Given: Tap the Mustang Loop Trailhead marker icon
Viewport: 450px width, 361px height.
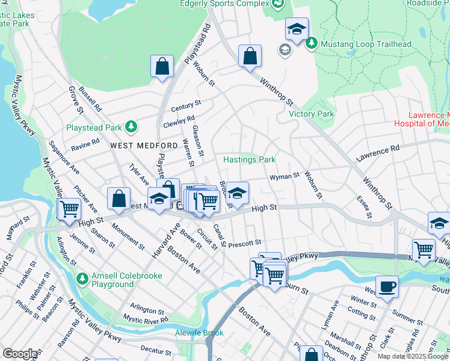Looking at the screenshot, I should (x=312, y=43).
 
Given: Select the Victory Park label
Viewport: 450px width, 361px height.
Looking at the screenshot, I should (x=311, y=114).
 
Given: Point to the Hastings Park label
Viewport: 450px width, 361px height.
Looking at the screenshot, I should (x=249, y=159).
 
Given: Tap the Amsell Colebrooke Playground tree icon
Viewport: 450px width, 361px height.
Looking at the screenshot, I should (x=83, y=279).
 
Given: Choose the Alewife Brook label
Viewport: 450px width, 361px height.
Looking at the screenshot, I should (x=191, y=333).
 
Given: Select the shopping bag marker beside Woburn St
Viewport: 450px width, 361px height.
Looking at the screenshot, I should (x=250, y=57).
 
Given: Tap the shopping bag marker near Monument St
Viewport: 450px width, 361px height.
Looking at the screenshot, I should (x=119, y=197).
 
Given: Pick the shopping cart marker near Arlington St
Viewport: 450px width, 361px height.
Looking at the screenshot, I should (x=69, y=209).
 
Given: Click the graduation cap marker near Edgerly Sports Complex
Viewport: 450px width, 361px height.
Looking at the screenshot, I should (x=296, y=29).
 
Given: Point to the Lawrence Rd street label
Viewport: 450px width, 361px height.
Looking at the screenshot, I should (x=378, y=153).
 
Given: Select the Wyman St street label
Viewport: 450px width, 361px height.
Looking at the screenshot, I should (x=285, y=176).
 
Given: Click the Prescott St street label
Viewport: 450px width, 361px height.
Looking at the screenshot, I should (x=245, y=243).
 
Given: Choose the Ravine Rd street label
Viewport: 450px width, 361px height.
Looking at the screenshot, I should (x=85, y=145).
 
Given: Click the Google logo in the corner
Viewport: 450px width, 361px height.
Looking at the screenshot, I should (x=20, y=354).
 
